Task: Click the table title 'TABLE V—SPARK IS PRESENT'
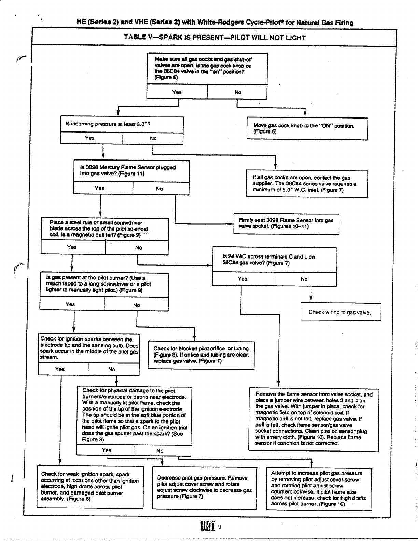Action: tap(214, 38)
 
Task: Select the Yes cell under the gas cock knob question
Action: tap(177, 92)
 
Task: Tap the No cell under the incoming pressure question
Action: tap(153, 138)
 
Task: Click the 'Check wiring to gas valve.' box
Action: tap(340, 312)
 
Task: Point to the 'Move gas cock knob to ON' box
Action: tap(307, 129)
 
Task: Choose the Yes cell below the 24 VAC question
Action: tap(243, 279)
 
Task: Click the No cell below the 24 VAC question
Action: tap(304, 279)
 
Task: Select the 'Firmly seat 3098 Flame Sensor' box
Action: tap(286, 223)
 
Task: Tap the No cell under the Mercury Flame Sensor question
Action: tap(160, 189)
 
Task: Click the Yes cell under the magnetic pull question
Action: tap(72, 247)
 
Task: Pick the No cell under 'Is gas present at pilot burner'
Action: tap(137, 305)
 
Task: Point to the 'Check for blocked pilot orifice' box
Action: tap(201, 355)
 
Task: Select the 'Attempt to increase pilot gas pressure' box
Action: tap(318, 488)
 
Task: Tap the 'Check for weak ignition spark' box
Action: tap(90, 487)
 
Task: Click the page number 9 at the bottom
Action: tap(220, 526)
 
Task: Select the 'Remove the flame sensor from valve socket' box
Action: tap(313, 419)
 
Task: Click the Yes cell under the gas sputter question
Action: tap(107, 450)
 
